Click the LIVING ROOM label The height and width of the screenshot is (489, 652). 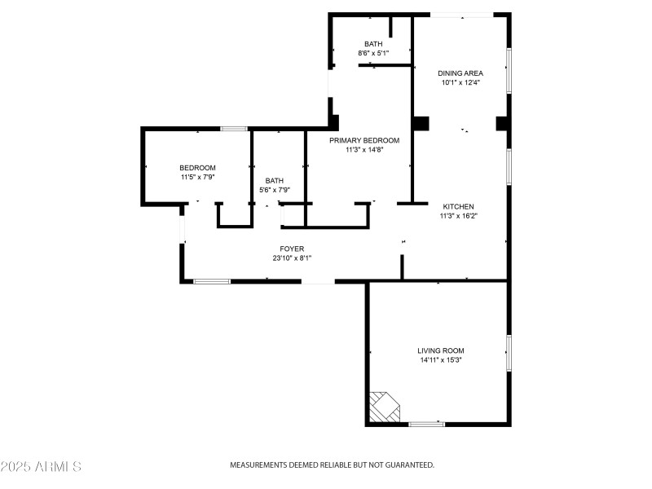tap(442, 350)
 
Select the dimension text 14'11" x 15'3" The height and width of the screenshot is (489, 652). tap(442, 359)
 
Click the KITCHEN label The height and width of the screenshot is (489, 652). tap(458, 207)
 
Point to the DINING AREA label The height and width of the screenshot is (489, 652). tap(460, 73)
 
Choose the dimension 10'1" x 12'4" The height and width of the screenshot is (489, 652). tap(460, 82)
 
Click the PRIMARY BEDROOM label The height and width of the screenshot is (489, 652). tap(364, 140)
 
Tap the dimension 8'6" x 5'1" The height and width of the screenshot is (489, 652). tap(373, 54)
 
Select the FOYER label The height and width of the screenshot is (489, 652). tap(292, 249)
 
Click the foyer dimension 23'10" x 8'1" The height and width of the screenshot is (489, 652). tap(292, 258)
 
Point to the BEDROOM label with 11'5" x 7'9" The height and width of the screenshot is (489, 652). tap(198, 168)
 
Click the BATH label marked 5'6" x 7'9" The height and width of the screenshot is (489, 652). tap(274, 181)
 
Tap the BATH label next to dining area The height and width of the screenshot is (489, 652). tap(373, 44)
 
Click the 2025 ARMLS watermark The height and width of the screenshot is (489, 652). tap(41, 467)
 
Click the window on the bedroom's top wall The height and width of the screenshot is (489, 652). tap(235, 129)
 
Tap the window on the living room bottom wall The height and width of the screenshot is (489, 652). tap(426, 424)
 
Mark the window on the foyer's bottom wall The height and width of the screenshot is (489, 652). tap(212, 282)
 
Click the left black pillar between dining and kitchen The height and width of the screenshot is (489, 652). tap(421, 123)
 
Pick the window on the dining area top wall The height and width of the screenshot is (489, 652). tap(461, 14)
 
